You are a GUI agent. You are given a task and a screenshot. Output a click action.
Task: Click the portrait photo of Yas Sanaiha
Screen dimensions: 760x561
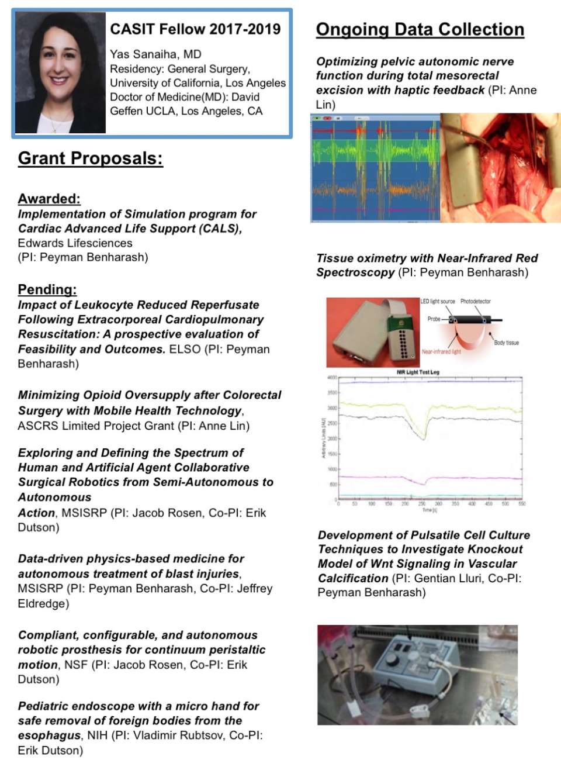coord(60,72)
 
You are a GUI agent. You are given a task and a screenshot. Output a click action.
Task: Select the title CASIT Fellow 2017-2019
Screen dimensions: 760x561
coord(195,29)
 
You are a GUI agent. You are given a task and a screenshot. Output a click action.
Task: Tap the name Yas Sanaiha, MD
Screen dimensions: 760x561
coord(155,54)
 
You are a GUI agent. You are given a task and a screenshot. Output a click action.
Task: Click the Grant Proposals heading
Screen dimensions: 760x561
coord(90,158)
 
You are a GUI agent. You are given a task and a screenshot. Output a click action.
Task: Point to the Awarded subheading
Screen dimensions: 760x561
coord(49,199)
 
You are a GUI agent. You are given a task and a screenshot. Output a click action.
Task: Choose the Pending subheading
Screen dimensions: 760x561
coord(47,289)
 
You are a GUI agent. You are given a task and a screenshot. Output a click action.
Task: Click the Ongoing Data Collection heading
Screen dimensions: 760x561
coord(420,30)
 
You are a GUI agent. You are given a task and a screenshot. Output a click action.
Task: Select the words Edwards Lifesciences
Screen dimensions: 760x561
coord(75,243)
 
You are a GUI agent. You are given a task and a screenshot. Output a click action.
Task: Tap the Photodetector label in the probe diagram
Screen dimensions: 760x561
coord(475,302)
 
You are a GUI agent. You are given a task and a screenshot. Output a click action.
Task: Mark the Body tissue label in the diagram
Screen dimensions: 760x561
coord(506,343)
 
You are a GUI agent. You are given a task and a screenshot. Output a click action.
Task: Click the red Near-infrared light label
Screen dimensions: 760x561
coord(441,352)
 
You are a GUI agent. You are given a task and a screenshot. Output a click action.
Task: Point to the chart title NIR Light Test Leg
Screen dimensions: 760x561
coord(418,372)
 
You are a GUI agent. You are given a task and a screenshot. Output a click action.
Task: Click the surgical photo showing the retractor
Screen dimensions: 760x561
coord(500,168)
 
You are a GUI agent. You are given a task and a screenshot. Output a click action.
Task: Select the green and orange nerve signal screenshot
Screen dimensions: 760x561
coord(375,168)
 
